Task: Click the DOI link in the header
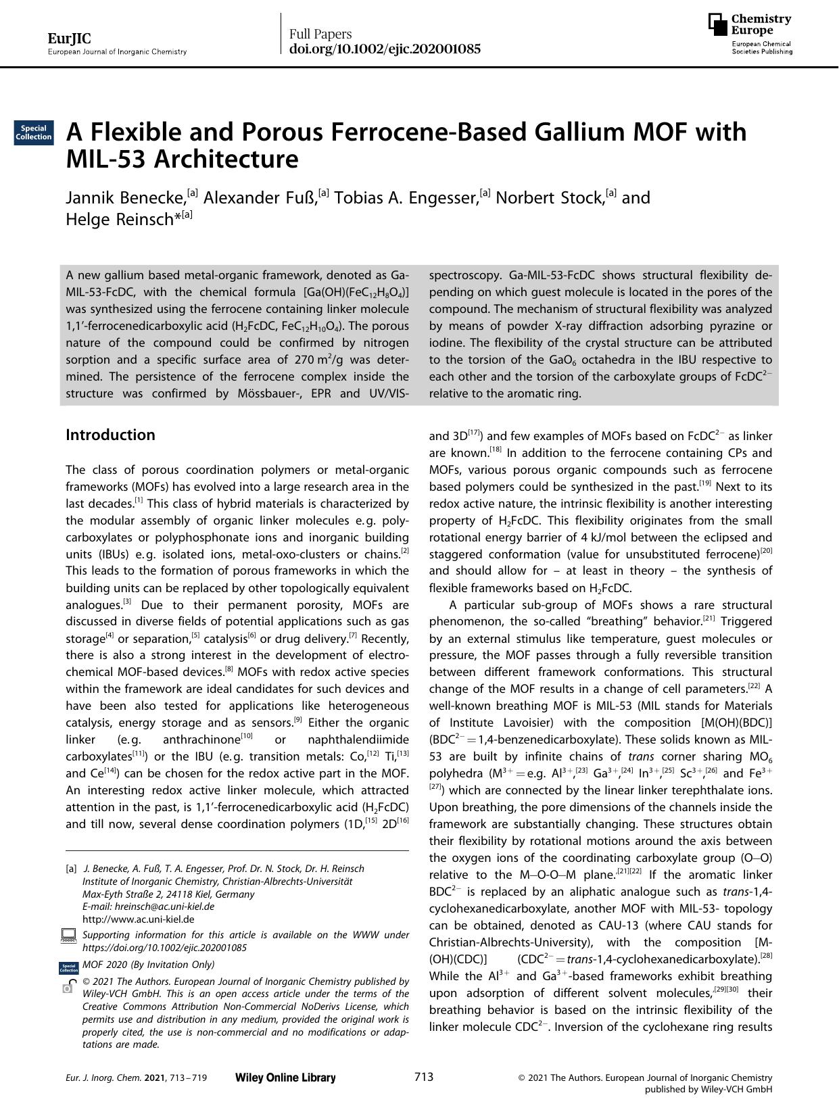pos(385,49)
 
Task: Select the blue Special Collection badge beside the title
pos(33,132)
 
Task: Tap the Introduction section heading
pos(110,435)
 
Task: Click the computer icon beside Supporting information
pos(68,936)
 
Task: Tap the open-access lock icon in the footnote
pos(68,984)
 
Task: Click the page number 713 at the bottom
pos(423,1077)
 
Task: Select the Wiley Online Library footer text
pos(285,1077)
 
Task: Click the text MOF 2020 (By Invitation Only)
pos(148,965)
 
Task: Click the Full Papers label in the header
pos(320,34)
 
